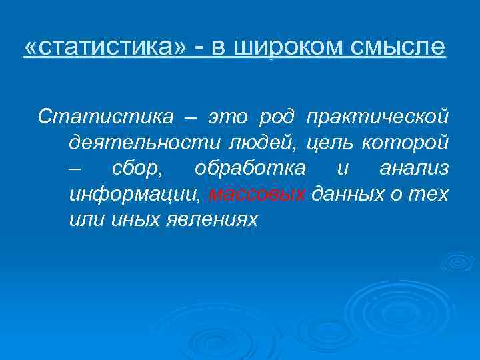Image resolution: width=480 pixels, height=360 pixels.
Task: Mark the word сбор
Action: (x=137, y=169)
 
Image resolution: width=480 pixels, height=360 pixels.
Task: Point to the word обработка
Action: (x=250, y=169)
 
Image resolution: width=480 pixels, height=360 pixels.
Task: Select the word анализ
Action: (x=413, y=169)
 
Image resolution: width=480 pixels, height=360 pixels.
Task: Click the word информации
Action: (x=134, y=195)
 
